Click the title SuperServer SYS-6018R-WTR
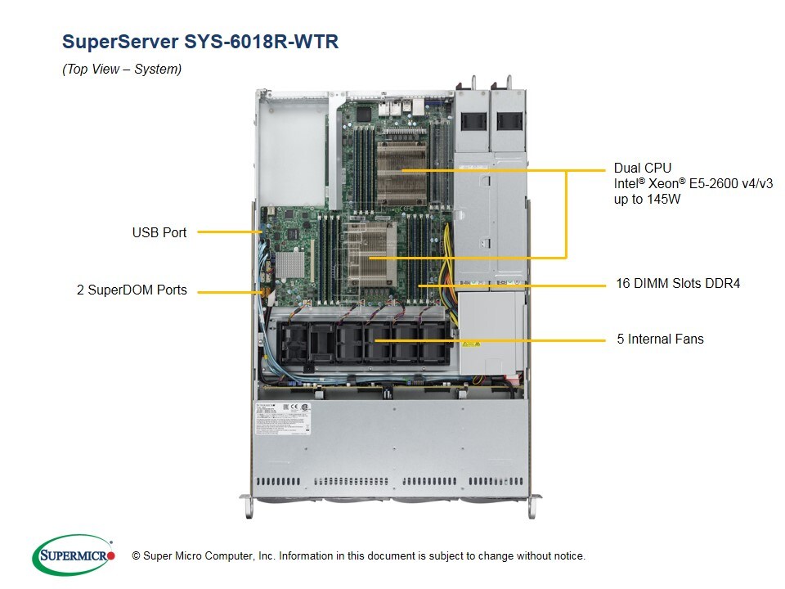click(x=200, y=42)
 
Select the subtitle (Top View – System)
click(x=122, y=70)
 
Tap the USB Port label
click(x=159, y=232)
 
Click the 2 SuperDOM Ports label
click(x=132, y=290)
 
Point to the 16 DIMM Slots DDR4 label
click(x=678, y=284)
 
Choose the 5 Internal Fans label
click(x=660, y=339)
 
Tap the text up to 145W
click(x=648, y=199)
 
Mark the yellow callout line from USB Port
click(x=229, y=232)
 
